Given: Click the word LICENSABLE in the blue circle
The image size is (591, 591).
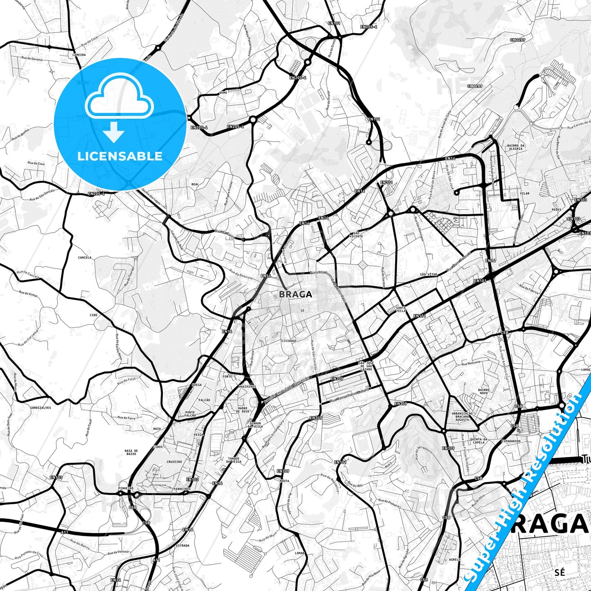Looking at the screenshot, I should (x=120, y=156).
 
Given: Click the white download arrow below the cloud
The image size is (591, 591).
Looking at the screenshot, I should (x=114, y=132).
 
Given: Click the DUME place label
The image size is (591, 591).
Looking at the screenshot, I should (x=223, y=93).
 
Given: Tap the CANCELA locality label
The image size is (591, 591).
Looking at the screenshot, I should (x=85, y=258).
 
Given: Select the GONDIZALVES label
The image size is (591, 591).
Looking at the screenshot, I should (x=40, y=408).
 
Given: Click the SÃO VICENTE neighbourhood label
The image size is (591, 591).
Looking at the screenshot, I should (x=356, y=235).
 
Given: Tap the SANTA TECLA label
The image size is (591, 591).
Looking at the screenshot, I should (x=401, y=309).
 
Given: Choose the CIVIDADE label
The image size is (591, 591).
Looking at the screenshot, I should (x=289, y=341).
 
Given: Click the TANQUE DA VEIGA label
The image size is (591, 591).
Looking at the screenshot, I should (x=234, y=460).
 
